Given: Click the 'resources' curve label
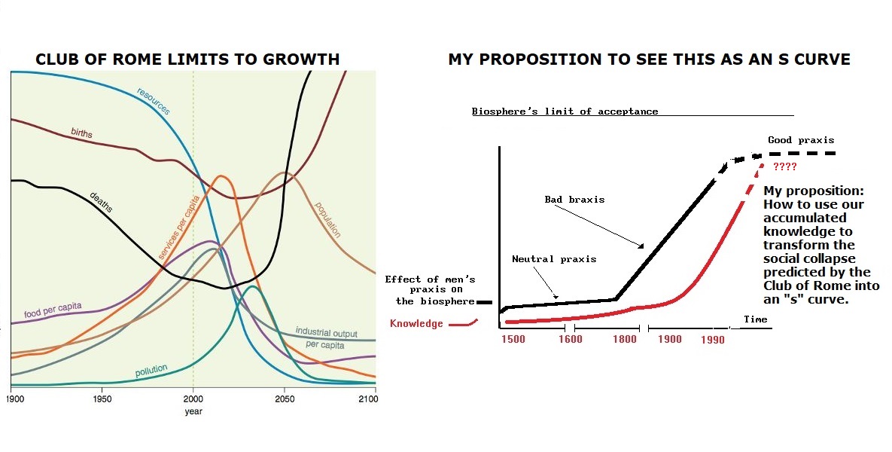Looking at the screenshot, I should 154,101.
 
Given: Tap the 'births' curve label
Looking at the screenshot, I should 82,133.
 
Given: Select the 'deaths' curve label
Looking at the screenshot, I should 101,202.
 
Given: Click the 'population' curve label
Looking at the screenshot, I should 327,219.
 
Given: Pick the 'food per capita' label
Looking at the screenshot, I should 53,310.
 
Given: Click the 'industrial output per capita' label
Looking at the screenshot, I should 325,337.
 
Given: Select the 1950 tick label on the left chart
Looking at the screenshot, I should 102,399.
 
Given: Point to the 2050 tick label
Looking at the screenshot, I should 285,399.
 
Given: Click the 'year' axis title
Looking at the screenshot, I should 193,411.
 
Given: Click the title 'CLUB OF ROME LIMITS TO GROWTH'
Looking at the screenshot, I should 188,59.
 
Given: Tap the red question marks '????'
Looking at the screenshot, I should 785,166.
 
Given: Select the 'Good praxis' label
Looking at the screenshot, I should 801,140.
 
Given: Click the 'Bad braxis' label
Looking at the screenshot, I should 574,200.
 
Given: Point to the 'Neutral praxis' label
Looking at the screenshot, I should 554,259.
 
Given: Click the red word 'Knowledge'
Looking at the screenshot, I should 417,324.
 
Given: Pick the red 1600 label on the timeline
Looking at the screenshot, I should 571,339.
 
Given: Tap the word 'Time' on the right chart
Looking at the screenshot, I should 755,319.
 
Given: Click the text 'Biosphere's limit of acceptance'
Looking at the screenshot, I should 565,111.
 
